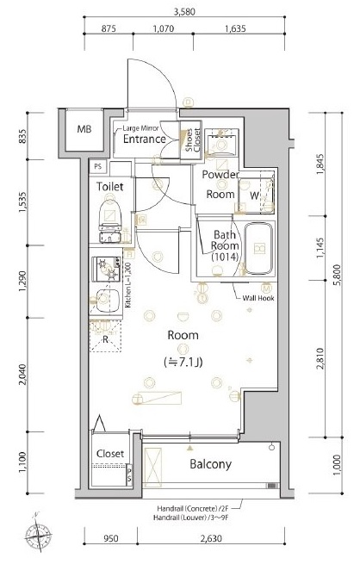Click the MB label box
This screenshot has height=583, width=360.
tap(84, 130)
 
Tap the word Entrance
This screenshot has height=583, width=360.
tap(144, 138)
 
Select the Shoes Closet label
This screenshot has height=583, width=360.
tap(190, 140)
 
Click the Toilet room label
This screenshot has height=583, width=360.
tap(110, 186)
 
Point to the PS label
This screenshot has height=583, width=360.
tap(98, 165)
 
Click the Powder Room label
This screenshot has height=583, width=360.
tap(220, 184)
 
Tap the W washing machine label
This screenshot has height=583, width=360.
tap(255, 195)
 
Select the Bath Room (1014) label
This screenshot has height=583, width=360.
tap(226, 246)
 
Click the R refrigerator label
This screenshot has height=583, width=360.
tap(104, 339)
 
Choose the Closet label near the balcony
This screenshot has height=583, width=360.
tap(110, 453)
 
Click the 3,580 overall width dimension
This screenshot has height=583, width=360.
tap(183, 12)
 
